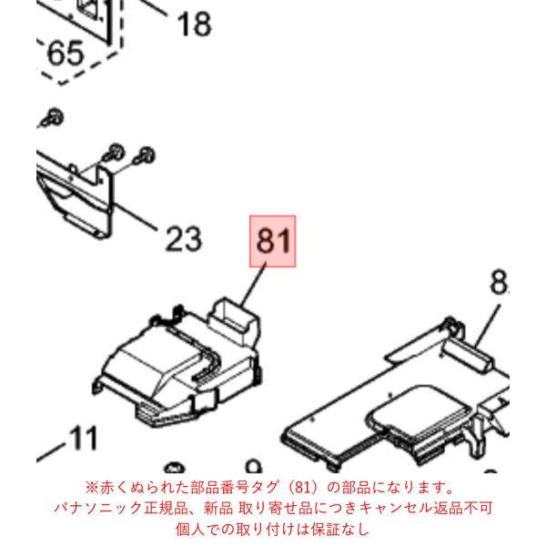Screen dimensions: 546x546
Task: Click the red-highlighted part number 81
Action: [x=273, y=241]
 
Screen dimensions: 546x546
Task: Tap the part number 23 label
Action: [x=184, y=238]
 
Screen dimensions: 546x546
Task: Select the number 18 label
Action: [x=195, y=24]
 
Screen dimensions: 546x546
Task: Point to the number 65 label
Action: [x=66, y=54]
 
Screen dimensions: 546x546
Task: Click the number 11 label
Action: [x=84, y=438]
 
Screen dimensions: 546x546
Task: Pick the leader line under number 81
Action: [x=254, y=284]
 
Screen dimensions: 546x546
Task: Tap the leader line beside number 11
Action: [x=51, y=452]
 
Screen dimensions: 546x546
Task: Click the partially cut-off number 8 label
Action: [x=500, y=282]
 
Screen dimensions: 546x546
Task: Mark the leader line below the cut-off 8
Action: [x=489, y=326]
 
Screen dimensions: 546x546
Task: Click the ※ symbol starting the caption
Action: [x=92, y=488]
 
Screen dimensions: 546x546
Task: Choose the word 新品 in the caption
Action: [x=218, y=508]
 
